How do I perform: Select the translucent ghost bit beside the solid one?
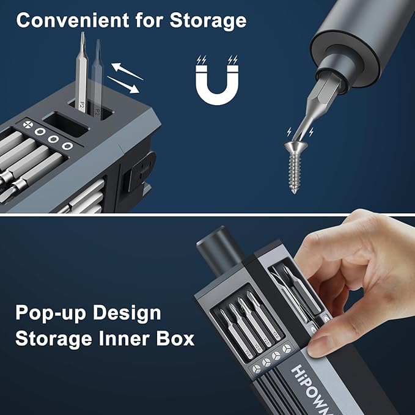[x=97, y=79]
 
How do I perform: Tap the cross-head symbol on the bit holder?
[x=27, y=126]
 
